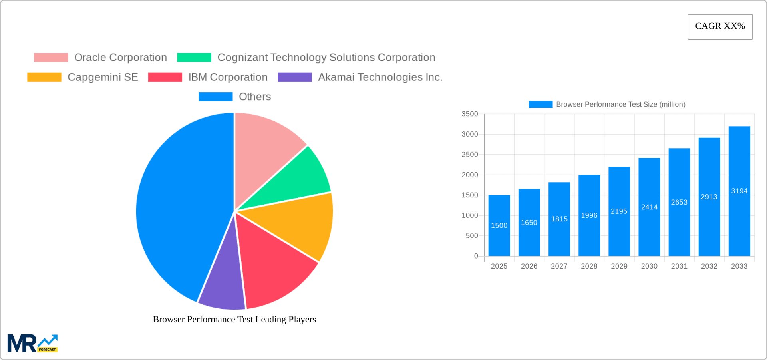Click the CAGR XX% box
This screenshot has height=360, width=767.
[720, 26]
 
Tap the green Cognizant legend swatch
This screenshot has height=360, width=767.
[194, 58]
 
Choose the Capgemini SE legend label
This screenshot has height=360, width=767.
[103, 77]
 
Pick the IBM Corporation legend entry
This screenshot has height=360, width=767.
[228, 77]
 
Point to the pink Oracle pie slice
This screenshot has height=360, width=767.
[266, 144]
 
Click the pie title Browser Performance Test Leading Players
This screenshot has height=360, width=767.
[234, 319]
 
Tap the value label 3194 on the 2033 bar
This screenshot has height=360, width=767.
[739, 191]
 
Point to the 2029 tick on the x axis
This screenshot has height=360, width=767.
[619, 266]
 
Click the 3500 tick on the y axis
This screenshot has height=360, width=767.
[470, 114]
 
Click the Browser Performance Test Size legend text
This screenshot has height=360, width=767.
[620, 104]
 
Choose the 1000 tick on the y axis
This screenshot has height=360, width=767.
[470, 215]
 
